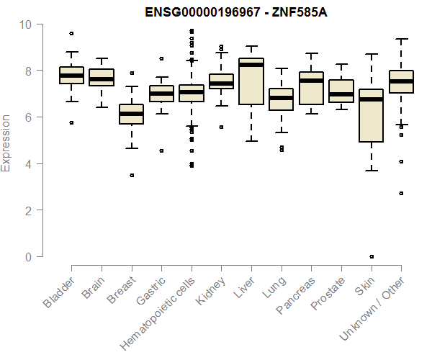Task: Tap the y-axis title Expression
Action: [x=6, y=143]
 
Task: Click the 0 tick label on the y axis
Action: [x=28, y=257]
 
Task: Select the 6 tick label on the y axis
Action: [x=28, y=117]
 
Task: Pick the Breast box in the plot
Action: [x=131, y=114]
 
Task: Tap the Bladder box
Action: [x=71, y=75]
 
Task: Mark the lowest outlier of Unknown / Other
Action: [x=400, y=194]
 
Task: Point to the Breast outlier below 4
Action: [x=131, y=175]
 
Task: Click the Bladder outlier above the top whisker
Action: [x=71, y=33]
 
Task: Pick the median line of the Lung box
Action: [x=281, y=98]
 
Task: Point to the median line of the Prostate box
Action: [x=341, y=94]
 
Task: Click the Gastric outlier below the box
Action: [x=161, y=151]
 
